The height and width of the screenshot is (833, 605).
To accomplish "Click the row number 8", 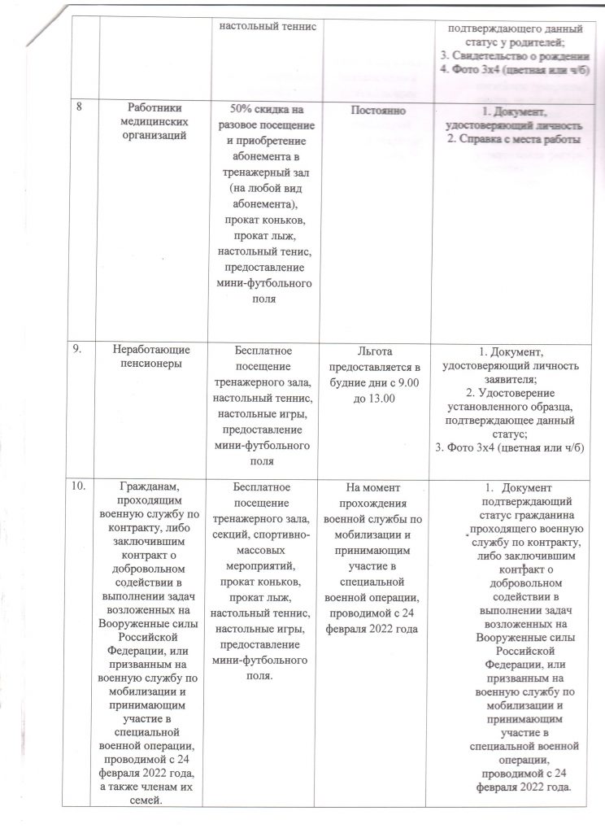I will (81, 108).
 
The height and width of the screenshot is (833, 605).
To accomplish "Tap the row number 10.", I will (79, 487).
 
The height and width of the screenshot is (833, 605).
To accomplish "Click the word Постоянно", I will (376, 109).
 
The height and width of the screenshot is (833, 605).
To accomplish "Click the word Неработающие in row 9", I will (153, 350).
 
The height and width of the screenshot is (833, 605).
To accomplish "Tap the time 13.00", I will (377, 398).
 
